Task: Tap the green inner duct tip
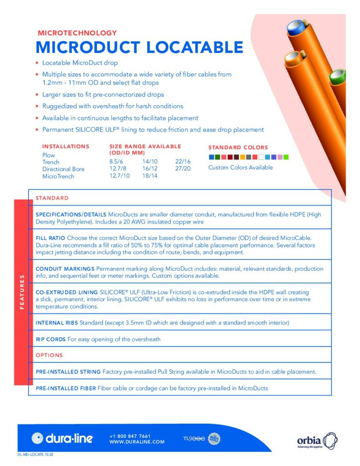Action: point(338,74)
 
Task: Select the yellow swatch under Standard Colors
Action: point(243,157)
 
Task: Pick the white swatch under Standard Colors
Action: point(261,157)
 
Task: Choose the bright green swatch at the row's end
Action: point(286,157)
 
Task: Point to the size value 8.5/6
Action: point(116,162)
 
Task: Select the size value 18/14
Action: point(150,176)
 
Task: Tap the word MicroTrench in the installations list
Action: point(58,176)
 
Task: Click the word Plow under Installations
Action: point(48,155)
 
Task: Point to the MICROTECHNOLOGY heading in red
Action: point(77,33)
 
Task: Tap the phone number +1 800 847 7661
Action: point(130,436)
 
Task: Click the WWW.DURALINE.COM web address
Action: point(137,441)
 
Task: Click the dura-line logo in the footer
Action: point(62,438)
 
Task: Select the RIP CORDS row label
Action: point(51,339)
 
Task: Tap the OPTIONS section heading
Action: point(49,355)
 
